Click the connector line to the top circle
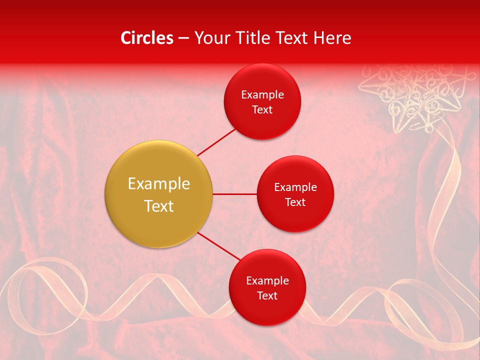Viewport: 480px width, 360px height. pyautogui.click(x=216, y=141)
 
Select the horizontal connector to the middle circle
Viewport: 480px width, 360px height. pyautogui.click(x=234, y=194)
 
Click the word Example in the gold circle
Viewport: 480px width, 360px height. pyautogui.click(x=159, y=184)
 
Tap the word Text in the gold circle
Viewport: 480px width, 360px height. pyautogui.click(x=159, y=206)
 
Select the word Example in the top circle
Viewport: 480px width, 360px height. pyautogui.click(x=262, y=95)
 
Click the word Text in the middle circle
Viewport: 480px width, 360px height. pyautogui.click(x=295, y=202)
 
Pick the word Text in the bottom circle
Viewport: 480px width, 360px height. pyautogui.click(x=267, y=296)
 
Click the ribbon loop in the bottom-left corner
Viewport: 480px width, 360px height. pyautogui.click(x=45, y=285)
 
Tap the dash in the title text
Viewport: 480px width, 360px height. pyautogui.click(x=183, y=38)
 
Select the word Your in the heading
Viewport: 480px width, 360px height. pyautogui.click(x=210, y=38)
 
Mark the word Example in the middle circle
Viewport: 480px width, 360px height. pyautogui.click(x=295, y=187)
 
